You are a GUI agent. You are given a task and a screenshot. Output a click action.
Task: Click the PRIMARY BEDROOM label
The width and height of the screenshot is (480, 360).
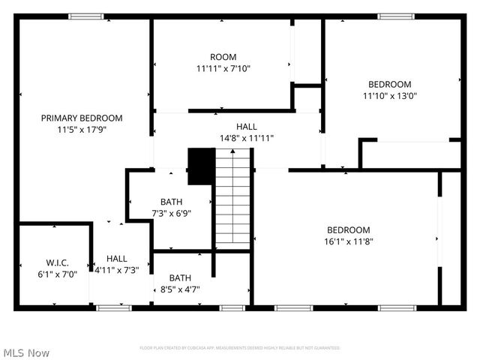point(82,118)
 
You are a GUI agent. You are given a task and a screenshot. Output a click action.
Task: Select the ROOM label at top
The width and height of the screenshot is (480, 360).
point(223,57)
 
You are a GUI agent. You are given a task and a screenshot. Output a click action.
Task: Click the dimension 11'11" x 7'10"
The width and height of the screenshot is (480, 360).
point(223,68)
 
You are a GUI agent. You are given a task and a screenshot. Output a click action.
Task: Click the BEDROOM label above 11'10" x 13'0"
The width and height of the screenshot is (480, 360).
point(389,84)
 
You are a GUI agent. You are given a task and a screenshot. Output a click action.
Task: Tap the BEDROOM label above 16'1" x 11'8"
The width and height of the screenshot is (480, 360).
point(348,229)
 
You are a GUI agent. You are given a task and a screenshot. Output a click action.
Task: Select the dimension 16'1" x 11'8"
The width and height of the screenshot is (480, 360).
point(348,241)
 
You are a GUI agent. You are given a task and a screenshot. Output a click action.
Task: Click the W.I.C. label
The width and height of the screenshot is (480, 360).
point(57,262)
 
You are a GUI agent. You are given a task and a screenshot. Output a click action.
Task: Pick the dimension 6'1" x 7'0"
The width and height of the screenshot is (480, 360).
point(57,274)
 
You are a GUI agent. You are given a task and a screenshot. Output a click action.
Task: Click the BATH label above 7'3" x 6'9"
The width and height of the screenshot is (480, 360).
point(170,202)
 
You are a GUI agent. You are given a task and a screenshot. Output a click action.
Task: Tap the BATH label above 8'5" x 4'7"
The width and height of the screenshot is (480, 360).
point(179,277)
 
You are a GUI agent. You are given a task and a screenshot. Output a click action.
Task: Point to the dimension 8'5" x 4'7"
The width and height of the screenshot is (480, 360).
point(179,289)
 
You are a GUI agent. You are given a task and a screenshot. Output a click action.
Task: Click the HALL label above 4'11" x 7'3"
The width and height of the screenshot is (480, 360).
point(116,259)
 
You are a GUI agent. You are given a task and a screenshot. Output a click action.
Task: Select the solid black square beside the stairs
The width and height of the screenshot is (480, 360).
point(200,166)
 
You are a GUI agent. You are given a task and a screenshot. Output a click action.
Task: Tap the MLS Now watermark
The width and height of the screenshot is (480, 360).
point(26,352)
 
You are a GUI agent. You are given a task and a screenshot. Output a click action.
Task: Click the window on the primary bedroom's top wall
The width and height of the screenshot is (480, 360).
point(86,16)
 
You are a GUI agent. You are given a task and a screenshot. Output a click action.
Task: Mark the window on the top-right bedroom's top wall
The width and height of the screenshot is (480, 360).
point(395,16)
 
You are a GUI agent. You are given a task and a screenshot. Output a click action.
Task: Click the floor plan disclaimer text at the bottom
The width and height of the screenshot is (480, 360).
point(240,348)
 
